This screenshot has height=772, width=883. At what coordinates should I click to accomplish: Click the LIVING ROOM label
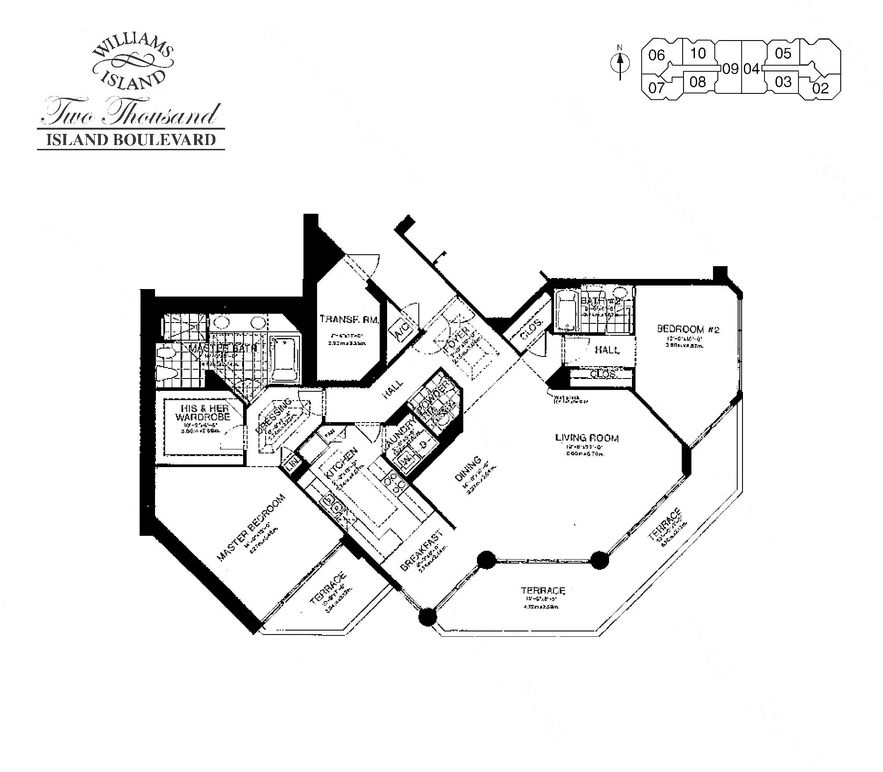pos(586,438)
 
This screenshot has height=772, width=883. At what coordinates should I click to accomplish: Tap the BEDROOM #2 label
pos(688,329)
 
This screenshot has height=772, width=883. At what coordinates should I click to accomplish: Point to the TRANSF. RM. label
pos(349,319)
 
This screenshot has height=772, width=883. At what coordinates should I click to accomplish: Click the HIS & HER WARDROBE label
pos(203,412)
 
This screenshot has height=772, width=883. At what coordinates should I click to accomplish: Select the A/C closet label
pos(403,329)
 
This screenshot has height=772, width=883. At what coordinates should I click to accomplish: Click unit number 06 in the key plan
pos(656,56)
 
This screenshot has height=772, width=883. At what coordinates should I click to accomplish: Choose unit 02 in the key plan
pos(820,88)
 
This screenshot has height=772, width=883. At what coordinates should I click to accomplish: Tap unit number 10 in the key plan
pos(698,53)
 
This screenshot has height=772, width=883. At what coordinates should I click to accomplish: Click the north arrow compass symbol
pos(620,64)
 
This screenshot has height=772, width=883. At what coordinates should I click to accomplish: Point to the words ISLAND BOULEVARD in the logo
pos(131,140)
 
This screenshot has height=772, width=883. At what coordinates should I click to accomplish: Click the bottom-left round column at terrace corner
pos(427,616)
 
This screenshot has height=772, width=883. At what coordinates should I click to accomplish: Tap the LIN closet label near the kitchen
pos(292,464)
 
